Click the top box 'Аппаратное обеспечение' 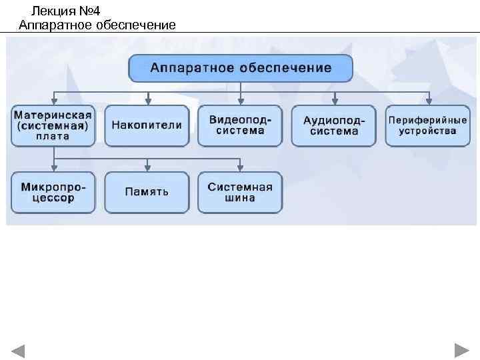pyautogui.click(x=240, y=68)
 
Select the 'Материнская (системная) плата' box pyautogui.click(x=53, y=125)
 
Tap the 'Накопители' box pyautogui.click(x=147, y=125)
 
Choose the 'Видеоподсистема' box pyautogui.click(x=240, y=125)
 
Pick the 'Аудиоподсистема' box pyautogui.click(x=334, y=125)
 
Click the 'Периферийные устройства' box pyautogui.click(x=427, y=125)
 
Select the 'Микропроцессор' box pyautogui.click(x=53, y=192)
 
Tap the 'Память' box pyautogui.click(x=147, y=192)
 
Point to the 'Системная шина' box pyautogui.click(x=240, y=192)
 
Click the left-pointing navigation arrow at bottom pyautogui.click(x=18, y=350)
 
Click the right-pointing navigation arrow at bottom pyautogui.click(x=461, y=350)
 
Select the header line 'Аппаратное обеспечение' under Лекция pyautogui.click(x=97, y=25)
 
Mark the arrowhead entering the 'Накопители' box pyautogui.click(x=148, y=101)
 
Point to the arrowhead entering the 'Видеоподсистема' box pyautogui.click(x=241, y=101)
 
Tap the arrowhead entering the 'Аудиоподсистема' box pyautogui.click(x=335, y=101)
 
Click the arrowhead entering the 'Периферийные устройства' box pyautogui.click(x=428, y=101)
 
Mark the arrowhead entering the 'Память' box pyautogui.click(x=148, y=169)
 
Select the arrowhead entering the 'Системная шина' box pyautogui.click(x=241, y=169)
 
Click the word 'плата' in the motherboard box pyautogui.click(x=53, y=137)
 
